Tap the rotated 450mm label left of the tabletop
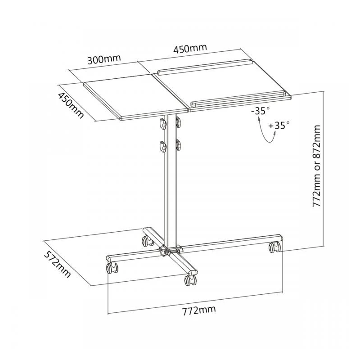tap(71, 105)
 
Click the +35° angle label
tap(279, 126)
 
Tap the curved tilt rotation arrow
tap(266, 130)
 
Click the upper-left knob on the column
tap(161, 122)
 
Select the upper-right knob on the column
tap(179, 121)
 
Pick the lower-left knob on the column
tap(161, 146)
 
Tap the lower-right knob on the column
tap(179, 145)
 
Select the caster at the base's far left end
tap(111, 269)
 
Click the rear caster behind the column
tap(146, 241)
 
